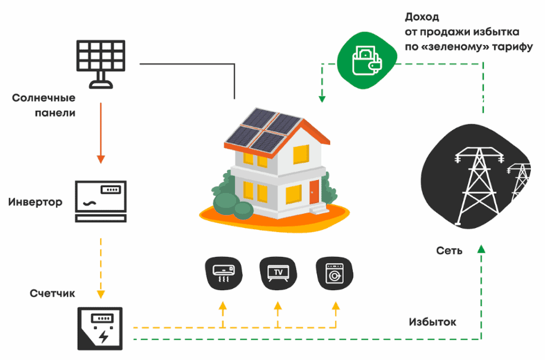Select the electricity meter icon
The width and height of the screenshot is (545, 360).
(x=101, y=329)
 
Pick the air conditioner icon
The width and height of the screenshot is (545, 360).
(x=223, y=272)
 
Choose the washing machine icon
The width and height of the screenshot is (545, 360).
(x=334, y=272)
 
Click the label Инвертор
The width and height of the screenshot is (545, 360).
(x=36, y=202)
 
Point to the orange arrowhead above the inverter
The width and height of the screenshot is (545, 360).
(x=101, y=159)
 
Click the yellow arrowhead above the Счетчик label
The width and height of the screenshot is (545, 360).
(x=101, y=294)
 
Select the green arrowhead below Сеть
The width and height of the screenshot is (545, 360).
(x=482, y=247)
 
